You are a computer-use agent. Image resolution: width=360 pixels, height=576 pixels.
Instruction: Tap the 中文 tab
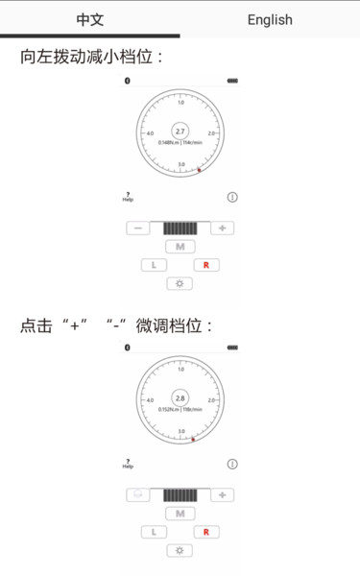[89, 19]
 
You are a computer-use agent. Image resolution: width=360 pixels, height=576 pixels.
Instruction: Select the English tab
[270, 19]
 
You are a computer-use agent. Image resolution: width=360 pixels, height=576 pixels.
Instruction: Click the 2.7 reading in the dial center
[180, 131]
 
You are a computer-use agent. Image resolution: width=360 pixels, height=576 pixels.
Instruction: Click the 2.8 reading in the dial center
[180, 396]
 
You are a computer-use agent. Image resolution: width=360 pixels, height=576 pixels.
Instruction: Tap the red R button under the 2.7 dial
[206, 265]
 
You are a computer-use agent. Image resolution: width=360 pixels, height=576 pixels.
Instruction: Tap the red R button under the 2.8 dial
[206, 532]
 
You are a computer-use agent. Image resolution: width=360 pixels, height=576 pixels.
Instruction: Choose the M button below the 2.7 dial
[180, 247]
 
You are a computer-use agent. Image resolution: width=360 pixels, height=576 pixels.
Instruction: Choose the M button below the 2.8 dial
[180, 514]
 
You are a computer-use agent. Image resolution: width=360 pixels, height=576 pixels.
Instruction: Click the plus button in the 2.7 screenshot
[222, 228]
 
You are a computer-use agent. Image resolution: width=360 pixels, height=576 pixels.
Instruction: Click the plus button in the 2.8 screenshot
[222, 495]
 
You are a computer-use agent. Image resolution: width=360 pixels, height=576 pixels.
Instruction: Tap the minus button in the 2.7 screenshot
[138, 228]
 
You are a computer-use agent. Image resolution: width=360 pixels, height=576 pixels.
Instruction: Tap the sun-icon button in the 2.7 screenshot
[180, 284]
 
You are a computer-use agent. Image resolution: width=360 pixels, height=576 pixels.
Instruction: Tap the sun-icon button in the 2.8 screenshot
[180, 551]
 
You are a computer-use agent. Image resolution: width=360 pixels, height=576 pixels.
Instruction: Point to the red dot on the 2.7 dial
[200, 171]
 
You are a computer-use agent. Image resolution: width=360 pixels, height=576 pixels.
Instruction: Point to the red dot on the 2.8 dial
[194, 439]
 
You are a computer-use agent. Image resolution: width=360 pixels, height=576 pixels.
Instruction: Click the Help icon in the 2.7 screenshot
[128, 197]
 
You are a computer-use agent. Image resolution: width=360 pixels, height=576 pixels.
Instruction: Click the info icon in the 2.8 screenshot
[232, 464]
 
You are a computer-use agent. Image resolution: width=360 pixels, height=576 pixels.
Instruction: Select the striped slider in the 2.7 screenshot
[180, 228]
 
